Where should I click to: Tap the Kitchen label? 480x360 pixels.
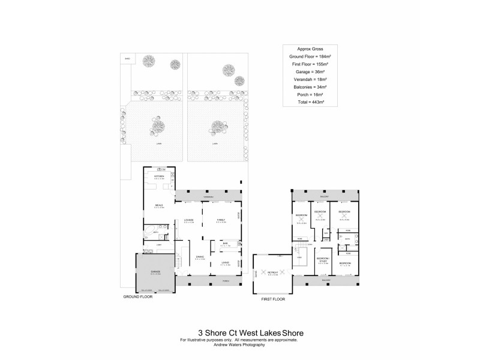click(x=159, y=176)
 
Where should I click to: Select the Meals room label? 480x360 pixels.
click(x=159, y=205)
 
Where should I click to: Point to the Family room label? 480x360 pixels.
click(x=220, y=220)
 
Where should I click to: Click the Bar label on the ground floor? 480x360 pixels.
click(x=225, y=244)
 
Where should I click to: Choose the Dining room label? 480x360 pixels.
click(x=200, y=257)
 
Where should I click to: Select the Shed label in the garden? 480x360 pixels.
click(x=127, y=58)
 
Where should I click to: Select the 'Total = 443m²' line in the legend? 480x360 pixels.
click(x=311, y=102)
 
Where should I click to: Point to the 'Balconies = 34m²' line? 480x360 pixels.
click(x=311, y=87)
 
